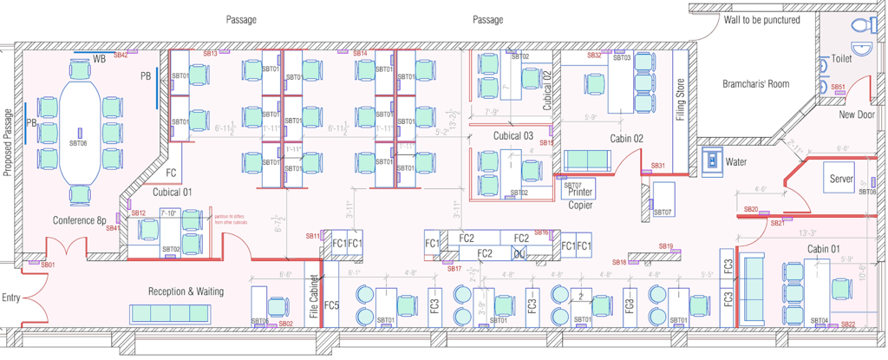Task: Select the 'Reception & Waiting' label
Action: click(x=186, y=291)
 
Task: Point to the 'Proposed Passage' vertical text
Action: click(x=8, y=142)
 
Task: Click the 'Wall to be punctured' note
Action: click(x=762, y=20)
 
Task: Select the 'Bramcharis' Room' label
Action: click(x=756, y=84)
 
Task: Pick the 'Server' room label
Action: click(x=842, y=178)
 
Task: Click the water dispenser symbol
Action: click(x=712, y=160)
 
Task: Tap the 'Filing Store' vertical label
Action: click(x=681, y=100)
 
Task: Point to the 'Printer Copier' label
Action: click(x=580, y=199)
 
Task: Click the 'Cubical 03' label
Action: click(x=513, y=135)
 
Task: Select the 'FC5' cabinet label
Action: click(x=331, y=305)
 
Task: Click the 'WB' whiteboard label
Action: click(x=99, y=59)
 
